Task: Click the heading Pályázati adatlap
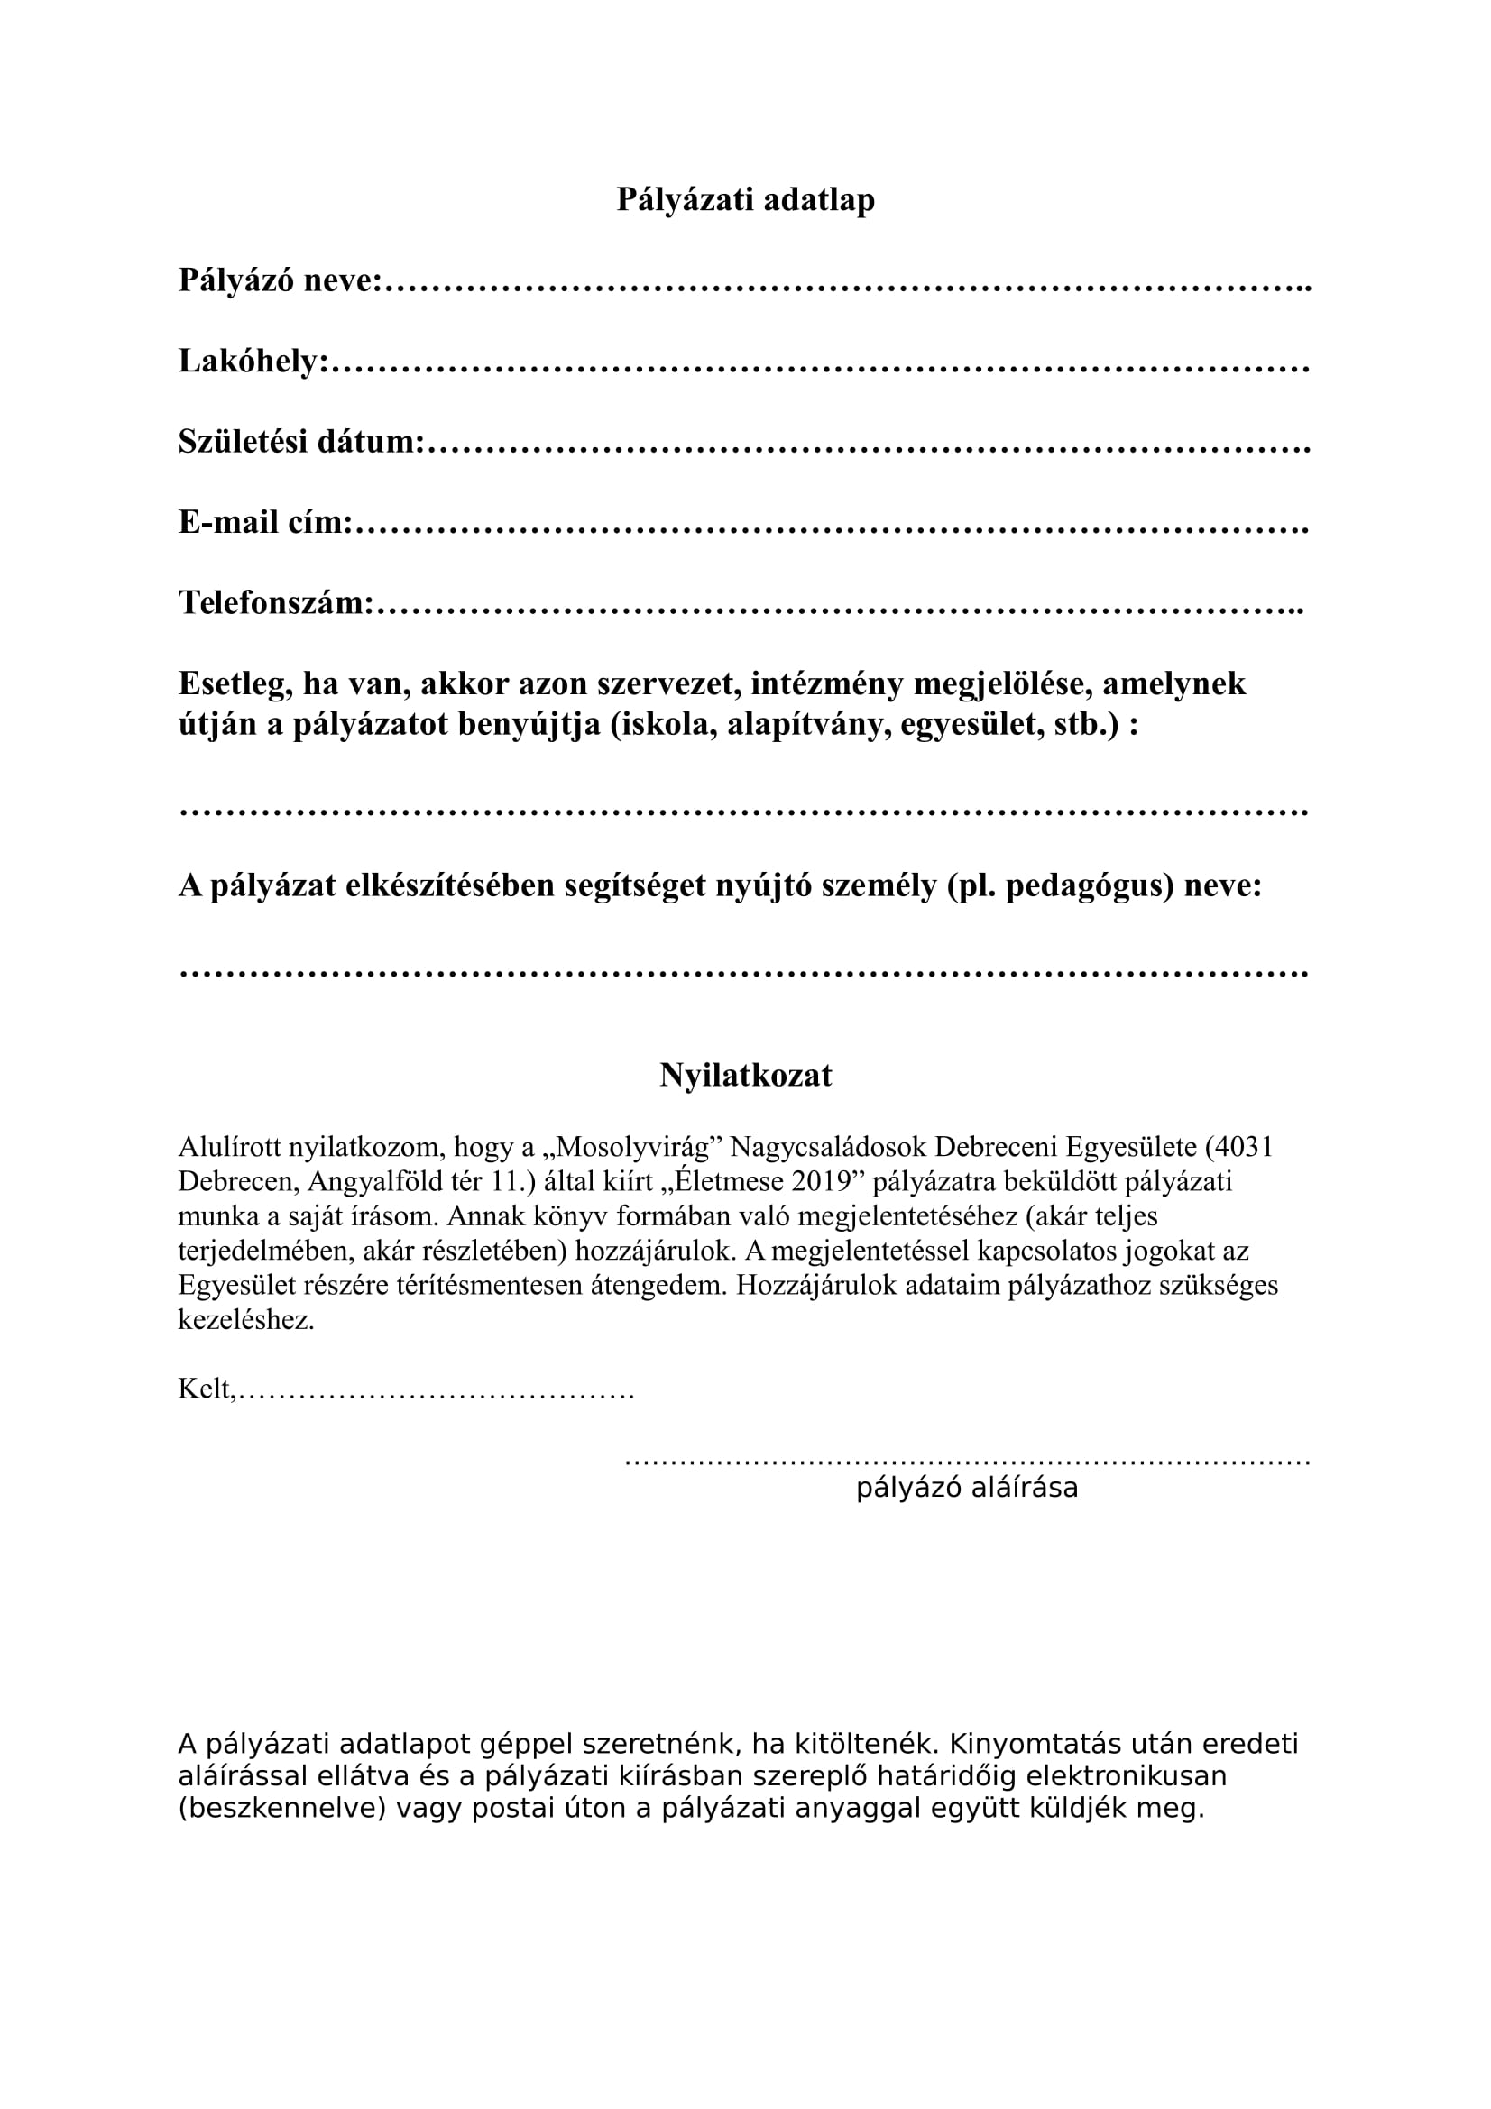coord(745,199)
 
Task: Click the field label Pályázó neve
coord(279,280)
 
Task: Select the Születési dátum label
coord(300,442)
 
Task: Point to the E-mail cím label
coord(264,523)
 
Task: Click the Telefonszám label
coord(276,603)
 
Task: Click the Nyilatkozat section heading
coord(745,1076)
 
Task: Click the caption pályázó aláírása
coord(966,1488)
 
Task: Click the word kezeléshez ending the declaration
coord(246,1321)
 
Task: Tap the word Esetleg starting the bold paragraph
coord(235,683)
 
